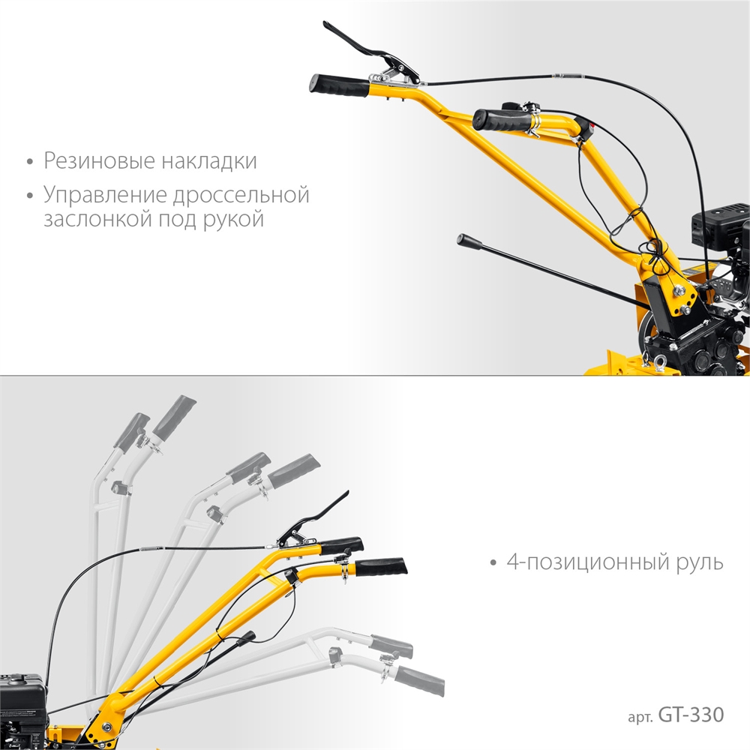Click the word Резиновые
[100, 160]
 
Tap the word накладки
[208, 160]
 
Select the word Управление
[105, 195]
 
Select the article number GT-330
[691, 715]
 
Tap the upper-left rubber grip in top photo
[340, 85]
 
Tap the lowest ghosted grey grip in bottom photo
[419, 680]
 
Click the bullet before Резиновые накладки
[31, 162]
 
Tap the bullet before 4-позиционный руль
[494, 563]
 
